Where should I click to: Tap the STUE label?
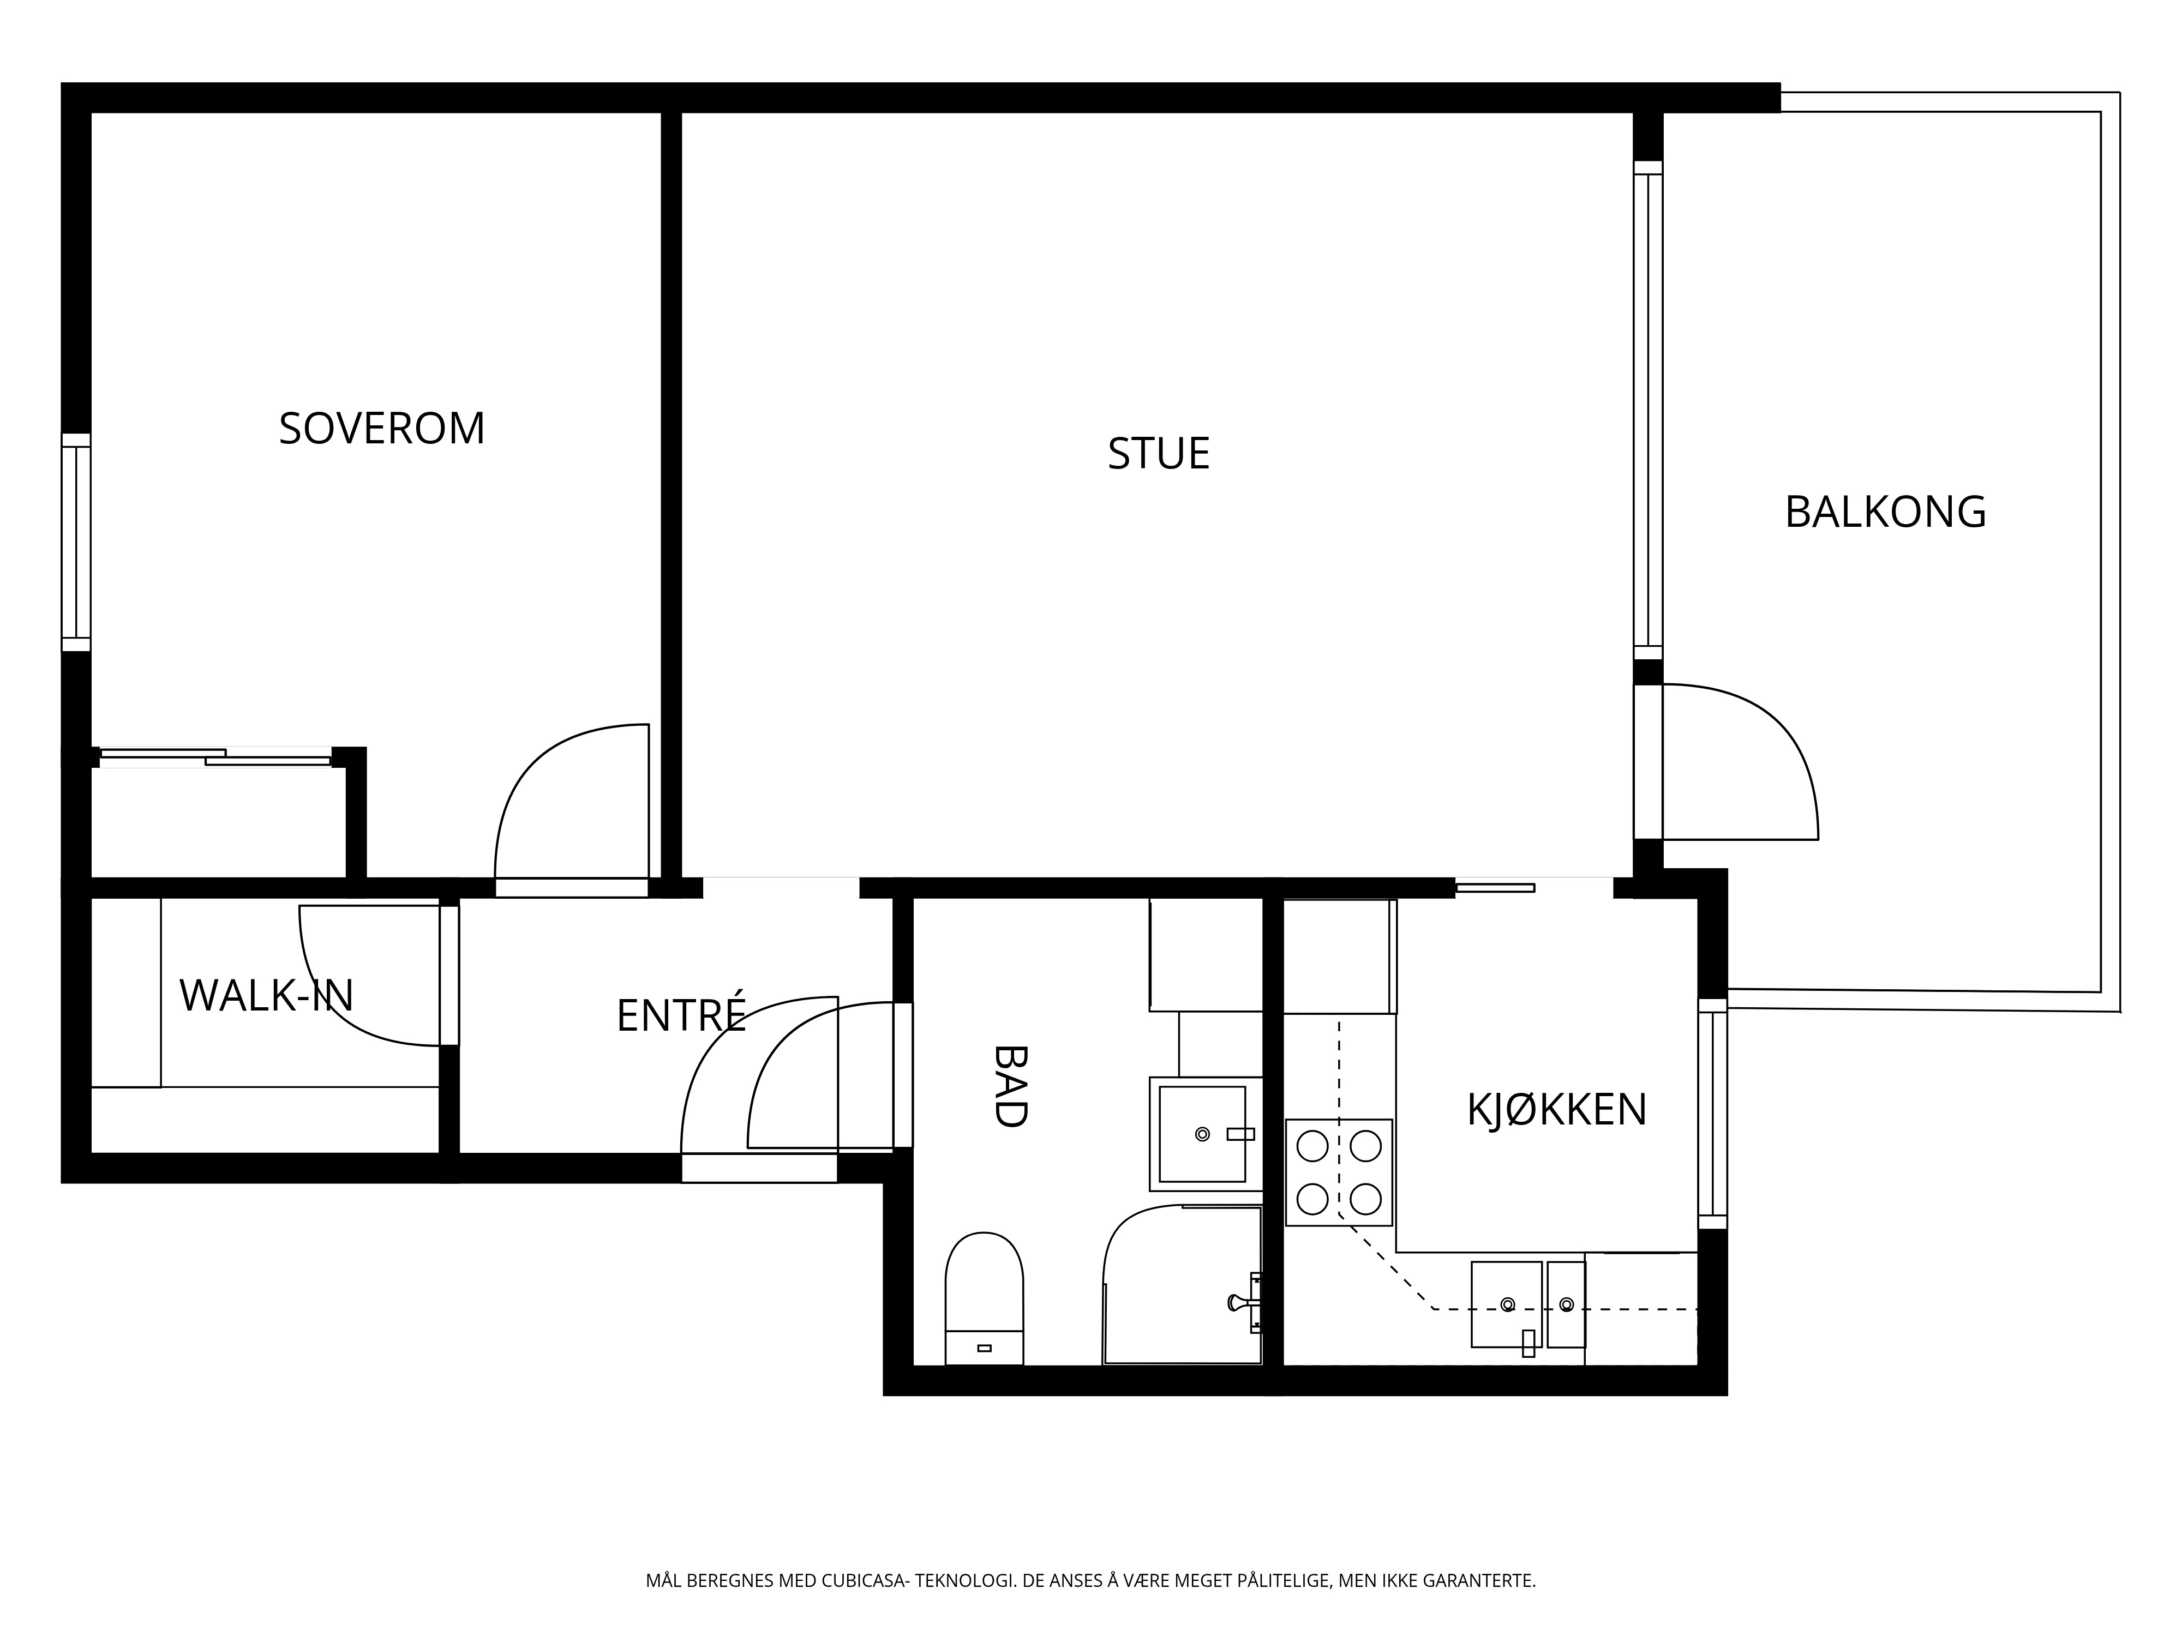[1158, 454]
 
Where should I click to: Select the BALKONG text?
[1885, 512]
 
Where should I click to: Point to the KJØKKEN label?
[1557, 1109]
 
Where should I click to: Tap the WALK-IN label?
[266, 996]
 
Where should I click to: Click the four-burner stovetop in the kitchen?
[1339, 1172]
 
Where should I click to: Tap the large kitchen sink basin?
[1506, 1304]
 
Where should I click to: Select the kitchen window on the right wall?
[1712, 1114]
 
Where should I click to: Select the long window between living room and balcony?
[1647, 410]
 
